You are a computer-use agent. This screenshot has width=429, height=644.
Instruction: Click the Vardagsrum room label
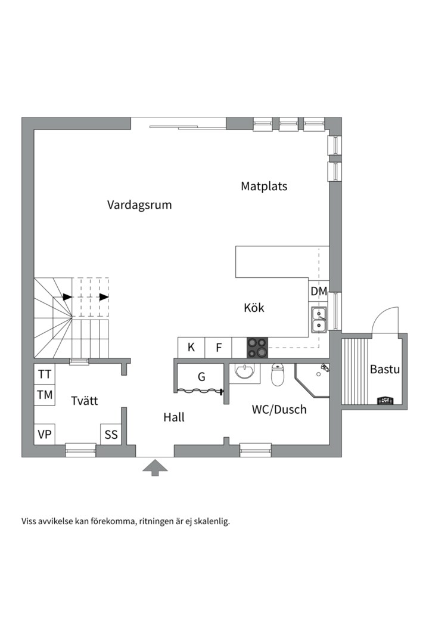coord(139,205)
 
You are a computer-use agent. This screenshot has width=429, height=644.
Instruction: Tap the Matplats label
coord(264,186)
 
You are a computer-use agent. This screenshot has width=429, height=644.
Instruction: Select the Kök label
coord(254,308)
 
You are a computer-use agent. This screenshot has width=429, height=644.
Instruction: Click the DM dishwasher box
coord(319,291)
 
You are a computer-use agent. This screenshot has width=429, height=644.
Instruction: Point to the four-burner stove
coord(257,348)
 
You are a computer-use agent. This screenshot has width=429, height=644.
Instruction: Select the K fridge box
coord(191,348)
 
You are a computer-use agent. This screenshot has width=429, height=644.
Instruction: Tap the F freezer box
coord(219,348)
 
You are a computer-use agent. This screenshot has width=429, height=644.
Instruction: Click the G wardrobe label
coord(201,377)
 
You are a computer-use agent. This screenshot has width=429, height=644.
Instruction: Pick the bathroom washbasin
coord(244,373)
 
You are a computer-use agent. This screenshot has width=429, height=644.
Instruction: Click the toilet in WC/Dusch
coord(278,375)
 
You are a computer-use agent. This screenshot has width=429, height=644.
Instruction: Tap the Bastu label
coord(385,369)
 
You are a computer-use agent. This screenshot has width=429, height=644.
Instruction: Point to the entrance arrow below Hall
coord(155,467)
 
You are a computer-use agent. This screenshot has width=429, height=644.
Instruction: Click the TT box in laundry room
coord(45,374)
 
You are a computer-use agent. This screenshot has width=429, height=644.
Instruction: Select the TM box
coord(45,395)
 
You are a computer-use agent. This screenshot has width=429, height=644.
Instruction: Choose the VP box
coord(45,434)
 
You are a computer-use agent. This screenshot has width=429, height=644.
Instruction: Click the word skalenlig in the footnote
coord(211,521)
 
